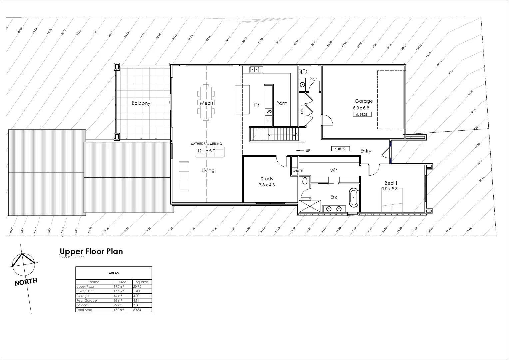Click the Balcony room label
coord(141,103)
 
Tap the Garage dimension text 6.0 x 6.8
coord(361,108)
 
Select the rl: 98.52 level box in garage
coord(362,114)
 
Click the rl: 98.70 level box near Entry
coord(340,149)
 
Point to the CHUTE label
coord(298,171)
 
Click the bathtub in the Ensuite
coord(353,198)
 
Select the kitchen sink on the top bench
coord(255,70)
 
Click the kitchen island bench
coord(242,100)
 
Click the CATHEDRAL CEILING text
coord(206,144)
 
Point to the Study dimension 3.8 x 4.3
coord(267,185)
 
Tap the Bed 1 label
coord(391,183)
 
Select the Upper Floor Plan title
coord(91,251)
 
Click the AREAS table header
coord(114,273)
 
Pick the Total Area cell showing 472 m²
coord(119,310)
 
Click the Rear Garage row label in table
coord(87,301)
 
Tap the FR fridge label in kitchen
coord(269,121)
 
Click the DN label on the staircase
coord(295,134)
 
